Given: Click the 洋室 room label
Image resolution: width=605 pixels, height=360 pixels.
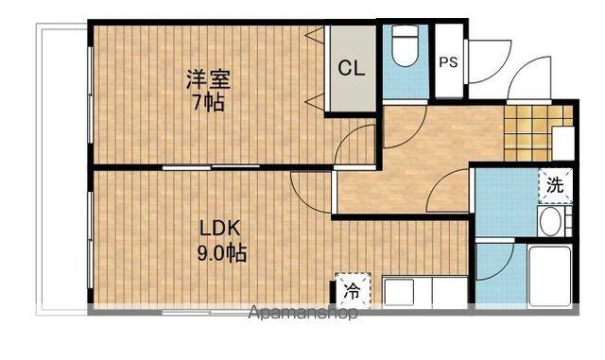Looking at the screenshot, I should click(208, 79).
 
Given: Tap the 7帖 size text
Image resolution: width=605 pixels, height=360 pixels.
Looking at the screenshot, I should click(208, 101).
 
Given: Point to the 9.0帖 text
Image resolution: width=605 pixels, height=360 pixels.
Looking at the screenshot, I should click(221, 252).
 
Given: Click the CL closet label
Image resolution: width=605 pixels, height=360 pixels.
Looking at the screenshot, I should click(352, 68).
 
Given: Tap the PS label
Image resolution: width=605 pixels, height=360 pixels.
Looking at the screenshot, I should click(449, 63).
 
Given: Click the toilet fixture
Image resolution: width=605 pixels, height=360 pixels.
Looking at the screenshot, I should click(405, 47).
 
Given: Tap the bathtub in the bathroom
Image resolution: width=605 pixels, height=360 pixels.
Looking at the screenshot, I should click(545, 275).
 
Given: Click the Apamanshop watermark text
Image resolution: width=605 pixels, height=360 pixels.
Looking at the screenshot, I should click(302, 313).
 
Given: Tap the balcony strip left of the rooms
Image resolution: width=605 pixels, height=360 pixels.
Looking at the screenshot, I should click(61, 170).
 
